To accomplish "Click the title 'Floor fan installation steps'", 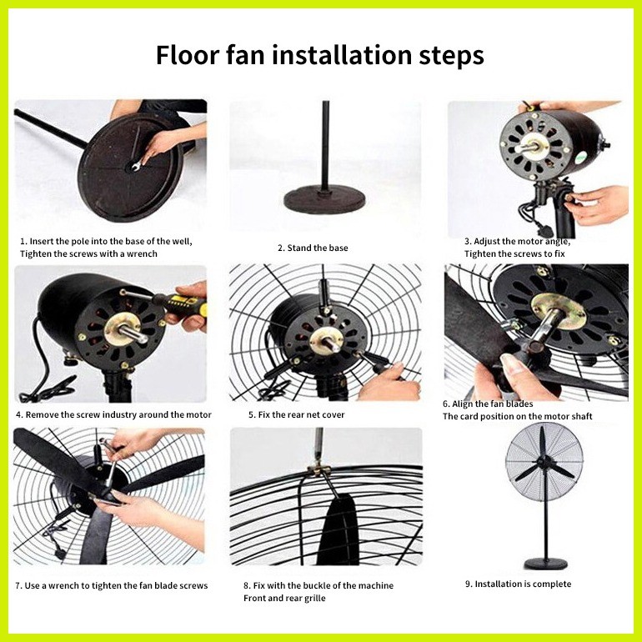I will click(320, 56).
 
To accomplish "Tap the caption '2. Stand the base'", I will click(313, 248).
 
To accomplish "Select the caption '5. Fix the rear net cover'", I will click(296, 414).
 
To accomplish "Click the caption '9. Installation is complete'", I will click(518, 584).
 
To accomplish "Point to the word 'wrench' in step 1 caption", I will click(138, 253).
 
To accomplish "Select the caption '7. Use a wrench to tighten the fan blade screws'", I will click(111, 585).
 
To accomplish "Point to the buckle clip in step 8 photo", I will click(320, 472).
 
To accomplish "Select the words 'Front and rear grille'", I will click(283, 598).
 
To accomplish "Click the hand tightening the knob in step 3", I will click(595, 204).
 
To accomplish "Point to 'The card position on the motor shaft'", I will click(517, 416).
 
